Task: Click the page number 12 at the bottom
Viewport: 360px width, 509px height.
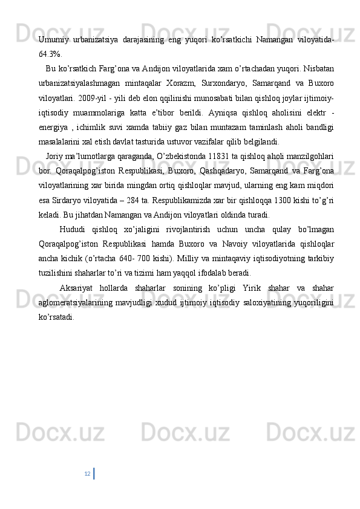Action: click(88, 473)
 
